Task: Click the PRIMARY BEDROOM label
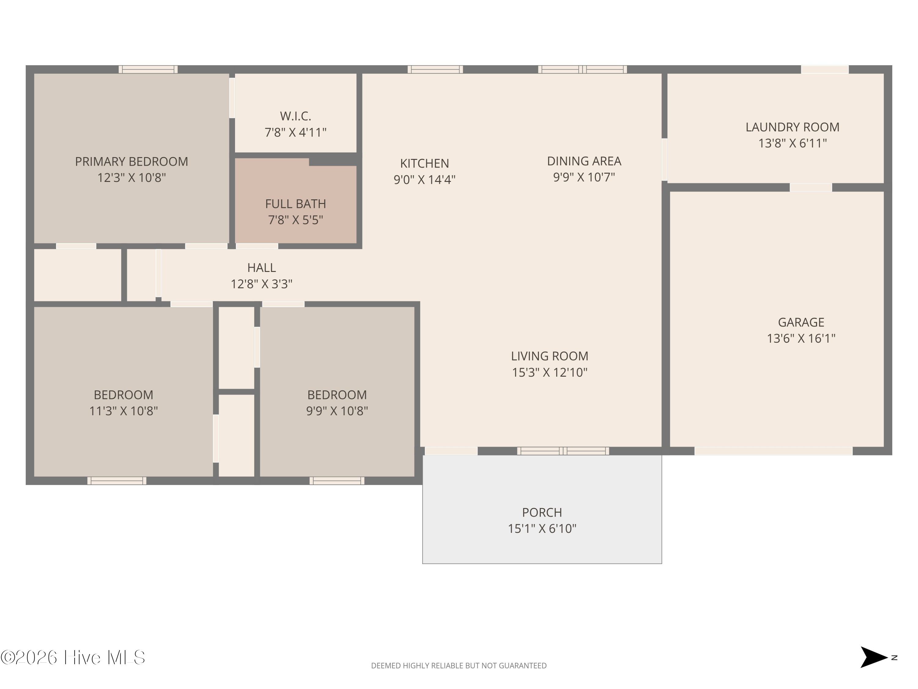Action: [x=132, y=162]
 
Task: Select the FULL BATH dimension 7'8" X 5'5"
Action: [x=296, y=220]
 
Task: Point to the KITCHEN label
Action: [x=424, y=163]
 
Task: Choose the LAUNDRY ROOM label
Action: [x=792, y=127]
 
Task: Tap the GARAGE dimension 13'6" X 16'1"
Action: [x=801, y=338]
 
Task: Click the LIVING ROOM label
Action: [x=550, y=356]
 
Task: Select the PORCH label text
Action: [x=542, y=513]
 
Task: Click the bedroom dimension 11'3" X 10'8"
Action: [x=124, y=411]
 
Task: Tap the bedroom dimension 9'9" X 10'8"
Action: [x=337, y=411]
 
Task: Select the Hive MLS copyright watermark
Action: [x=73, y=657]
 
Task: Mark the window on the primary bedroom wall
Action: [x=148, y=69]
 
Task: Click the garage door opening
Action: [x=774, y=451]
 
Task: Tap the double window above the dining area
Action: [x=583, y=69]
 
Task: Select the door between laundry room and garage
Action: [x=811, y=187]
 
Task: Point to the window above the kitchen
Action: [x=435, y=69]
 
